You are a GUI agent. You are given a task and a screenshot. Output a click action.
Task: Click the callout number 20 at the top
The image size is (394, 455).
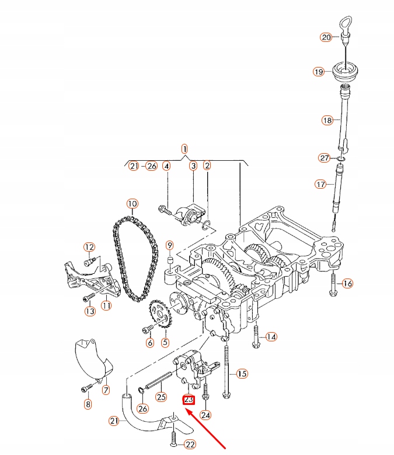click(326, 37)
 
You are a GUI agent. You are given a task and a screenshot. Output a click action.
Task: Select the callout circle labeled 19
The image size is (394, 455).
click(318, 72)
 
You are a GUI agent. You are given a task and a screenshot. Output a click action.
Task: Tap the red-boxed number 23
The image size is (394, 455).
click(189, 400)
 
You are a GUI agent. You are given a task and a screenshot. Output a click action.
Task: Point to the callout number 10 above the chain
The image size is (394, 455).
click(132, 204)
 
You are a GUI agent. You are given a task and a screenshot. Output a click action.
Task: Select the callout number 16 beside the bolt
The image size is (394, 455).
click(348, 284)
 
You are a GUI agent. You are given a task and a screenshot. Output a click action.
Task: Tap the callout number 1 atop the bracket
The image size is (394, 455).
click(184, 149)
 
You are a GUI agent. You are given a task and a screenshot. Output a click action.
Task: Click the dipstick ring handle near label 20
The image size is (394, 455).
click(344, 27)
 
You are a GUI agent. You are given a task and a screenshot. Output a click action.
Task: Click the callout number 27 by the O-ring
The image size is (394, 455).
click(325, 158)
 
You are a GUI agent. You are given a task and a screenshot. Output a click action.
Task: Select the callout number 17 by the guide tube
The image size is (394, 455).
click(320, 184)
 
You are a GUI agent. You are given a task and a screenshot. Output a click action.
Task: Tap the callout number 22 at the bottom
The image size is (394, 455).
click(190, 445)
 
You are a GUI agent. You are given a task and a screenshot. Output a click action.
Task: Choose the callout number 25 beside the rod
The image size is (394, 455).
click(161, 397)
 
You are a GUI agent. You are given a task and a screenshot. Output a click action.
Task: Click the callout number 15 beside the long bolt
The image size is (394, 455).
click(242, 373)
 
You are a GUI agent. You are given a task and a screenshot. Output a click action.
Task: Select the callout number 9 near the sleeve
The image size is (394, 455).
click(169, 245)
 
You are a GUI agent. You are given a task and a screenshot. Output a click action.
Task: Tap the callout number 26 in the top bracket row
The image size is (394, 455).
click(152, 166)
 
